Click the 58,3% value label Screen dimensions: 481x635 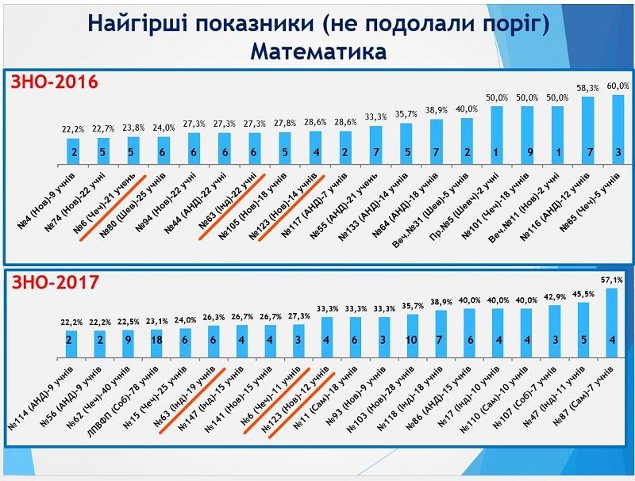point(588,89)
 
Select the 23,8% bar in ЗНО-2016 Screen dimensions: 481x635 point(132,148)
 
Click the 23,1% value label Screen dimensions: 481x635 point(156,322)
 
